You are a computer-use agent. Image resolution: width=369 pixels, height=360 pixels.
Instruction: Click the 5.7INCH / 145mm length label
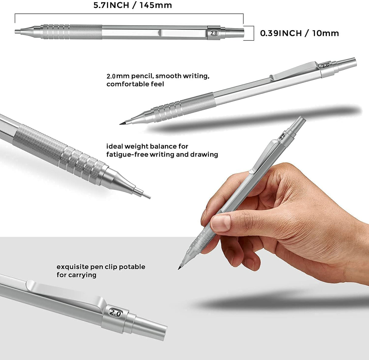pyautogui.click(x=133, y=5)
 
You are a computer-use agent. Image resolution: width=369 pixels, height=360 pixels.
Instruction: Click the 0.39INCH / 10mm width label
pyautogui.click(x=299, y=33)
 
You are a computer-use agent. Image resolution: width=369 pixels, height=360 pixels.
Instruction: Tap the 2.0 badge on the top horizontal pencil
pyautogui.click(x=214, y=33)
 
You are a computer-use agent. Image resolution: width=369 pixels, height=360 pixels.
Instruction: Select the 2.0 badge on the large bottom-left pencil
pyautogui.click(x=115, y=313)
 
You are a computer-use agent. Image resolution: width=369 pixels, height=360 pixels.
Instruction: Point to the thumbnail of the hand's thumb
pyautogui.click(x=221, y=223)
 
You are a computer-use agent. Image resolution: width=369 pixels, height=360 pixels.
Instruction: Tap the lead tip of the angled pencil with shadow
pyautogui.click(x=122, y=123)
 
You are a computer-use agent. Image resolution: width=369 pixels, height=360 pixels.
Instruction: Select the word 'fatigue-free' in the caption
pyautogui.click(x=126, y=154)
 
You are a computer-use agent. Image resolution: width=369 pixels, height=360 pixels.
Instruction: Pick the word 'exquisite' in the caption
pyautogui.click(x=73, y=267)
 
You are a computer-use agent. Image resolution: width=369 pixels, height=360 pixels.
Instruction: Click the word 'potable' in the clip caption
pyautogui.click(x=132, y=267)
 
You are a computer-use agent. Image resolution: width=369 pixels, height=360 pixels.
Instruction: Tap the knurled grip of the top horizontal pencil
pyautogui.click(x=71, y=32)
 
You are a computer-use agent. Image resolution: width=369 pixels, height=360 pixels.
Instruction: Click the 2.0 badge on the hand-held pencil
pyautogui.click(x=282, y=137)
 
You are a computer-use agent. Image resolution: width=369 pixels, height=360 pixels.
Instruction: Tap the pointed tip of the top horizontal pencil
pyautogui.click(x=17, y=31)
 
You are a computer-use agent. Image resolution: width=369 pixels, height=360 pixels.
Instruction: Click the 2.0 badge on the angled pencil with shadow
pyautogui.click(x=325, y=65)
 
